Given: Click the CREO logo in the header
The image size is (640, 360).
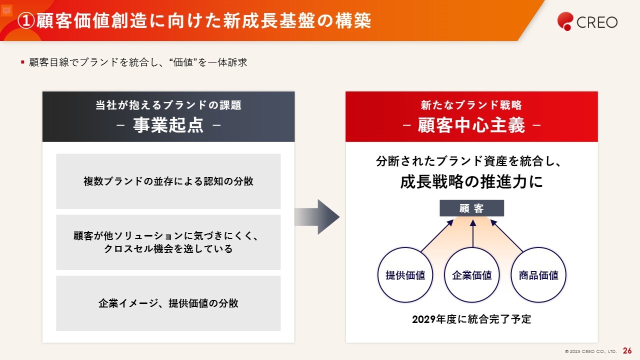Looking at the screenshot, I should click(x=587, y=21).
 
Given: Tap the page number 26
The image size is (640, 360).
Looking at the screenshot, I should click(x=627, y=351).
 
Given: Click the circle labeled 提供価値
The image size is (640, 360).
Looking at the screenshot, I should click(x=405, y=275).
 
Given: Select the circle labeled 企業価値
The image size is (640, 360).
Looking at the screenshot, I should click(x=471, y=275).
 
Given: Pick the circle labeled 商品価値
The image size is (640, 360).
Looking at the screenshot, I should click(x=538, y=275).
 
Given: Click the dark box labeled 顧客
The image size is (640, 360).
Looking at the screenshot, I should click(x=471, y=208).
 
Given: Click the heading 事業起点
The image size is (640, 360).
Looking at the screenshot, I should click(x=168, y=125).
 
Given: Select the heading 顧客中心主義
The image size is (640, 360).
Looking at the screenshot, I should click(x=471, y=125).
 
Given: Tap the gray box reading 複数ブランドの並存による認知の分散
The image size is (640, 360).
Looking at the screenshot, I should click(x=168, y=181).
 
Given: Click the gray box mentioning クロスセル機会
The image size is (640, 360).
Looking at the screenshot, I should click(x=168, y=242).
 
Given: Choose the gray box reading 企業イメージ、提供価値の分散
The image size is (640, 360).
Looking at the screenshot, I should click(x=168, y=303).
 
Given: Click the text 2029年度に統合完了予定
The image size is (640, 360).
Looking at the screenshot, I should click(x=471, y=319).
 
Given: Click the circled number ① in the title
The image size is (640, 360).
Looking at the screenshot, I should click(x=26, y=21).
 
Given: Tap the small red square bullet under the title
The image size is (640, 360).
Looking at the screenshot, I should click(x=22, y=62).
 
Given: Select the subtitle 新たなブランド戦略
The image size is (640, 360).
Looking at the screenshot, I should click(x=471, y=105).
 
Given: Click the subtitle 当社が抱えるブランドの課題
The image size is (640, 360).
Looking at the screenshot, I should click(x=168, y=105).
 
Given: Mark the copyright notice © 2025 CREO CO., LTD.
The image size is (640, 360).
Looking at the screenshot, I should click(x=590, y=351).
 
